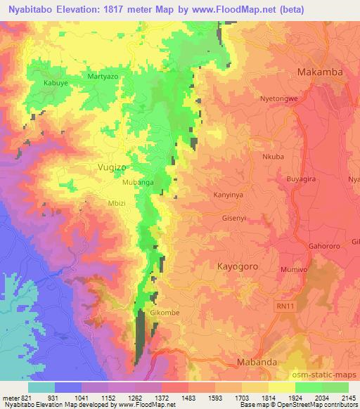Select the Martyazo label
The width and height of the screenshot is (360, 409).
click(101, 75)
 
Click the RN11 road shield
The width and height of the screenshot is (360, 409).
click(281, 306)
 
